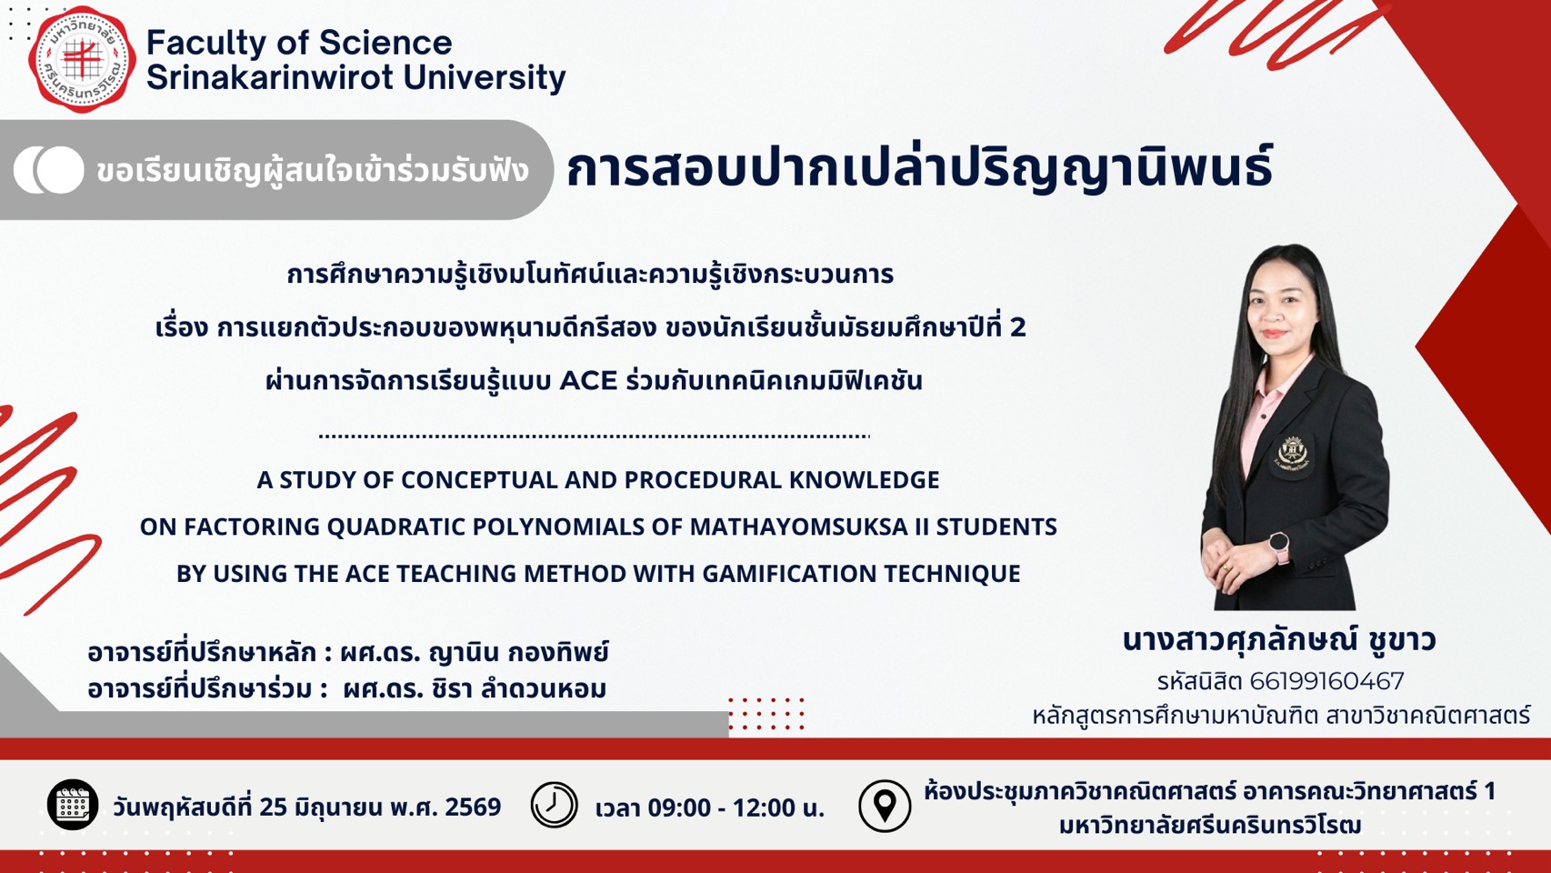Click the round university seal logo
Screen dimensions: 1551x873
point(82,60)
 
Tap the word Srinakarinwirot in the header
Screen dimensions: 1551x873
point(269,77)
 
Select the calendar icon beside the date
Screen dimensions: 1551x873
point(72,805)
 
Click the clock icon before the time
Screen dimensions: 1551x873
point(554,805)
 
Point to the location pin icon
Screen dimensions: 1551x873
point(885,806)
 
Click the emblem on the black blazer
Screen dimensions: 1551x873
point(1292,455)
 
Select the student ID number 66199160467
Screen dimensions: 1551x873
point(1326,682)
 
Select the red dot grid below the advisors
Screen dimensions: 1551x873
point(766,714)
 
